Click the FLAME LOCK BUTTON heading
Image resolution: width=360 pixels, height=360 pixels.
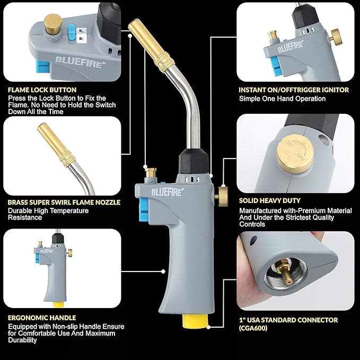(x=42, y=90)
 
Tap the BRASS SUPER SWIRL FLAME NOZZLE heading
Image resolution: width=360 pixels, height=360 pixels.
(x=64, y=202)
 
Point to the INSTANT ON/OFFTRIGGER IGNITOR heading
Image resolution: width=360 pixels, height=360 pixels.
(x=294, y=90)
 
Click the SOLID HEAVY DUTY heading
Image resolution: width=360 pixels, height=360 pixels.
(x=269, y=200)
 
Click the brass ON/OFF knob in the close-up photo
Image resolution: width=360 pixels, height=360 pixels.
(x=297, y=153)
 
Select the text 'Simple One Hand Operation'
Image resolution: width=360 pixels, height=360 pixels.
(x=282, y=99)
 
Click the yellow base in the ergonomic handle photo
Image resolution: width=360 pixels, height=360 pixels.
(x=57, y=304)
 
